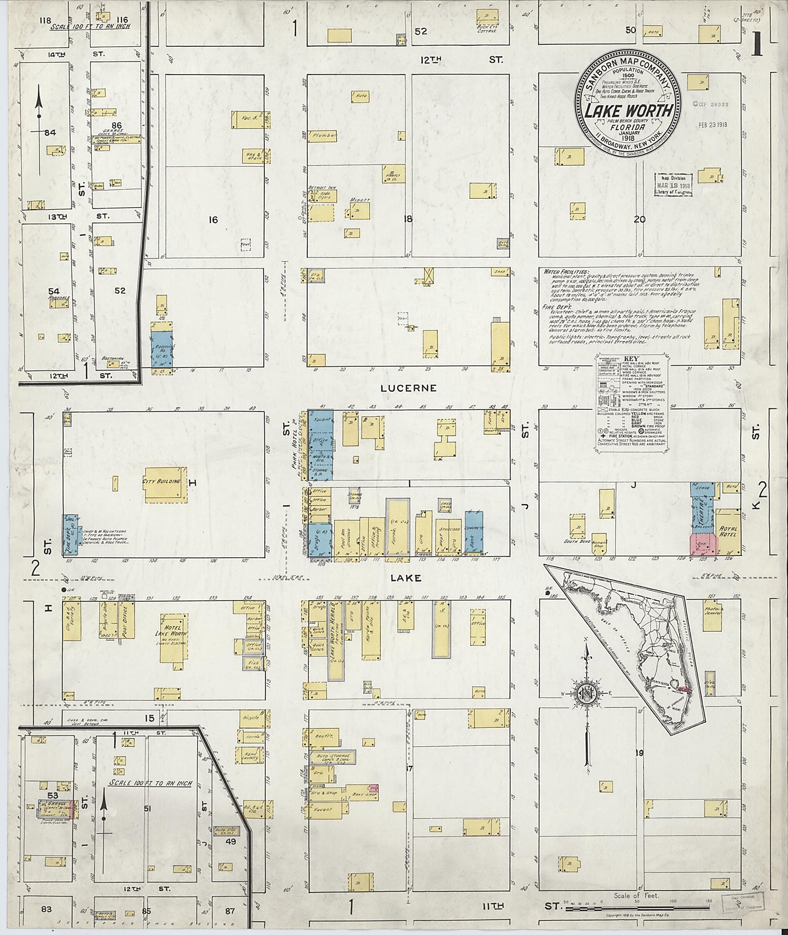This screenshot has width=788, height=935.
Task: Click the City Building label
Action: tap(161, 481)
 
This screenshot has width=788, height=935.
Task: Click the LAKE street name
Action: tap(406, 578)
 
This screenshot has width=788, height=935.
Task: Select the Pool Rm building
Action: tap(346, 538)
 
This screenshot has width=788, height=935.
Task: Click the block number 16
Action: tap(212, 220)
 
